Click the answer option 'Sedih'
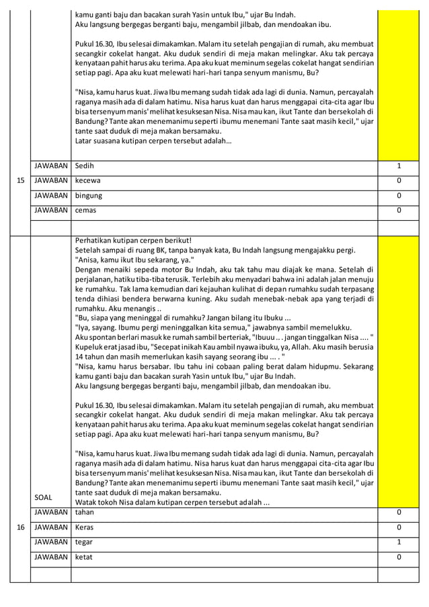[x=85, y=166]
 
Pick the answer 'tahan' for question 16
[x=85, y=513]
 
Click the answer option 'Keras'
[x=85, y=527]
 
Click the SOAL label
[x=44, y=498]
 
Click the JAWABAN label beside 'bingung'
[x=50, y=196]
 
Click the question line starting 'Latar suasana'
[x=154, y=141]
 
